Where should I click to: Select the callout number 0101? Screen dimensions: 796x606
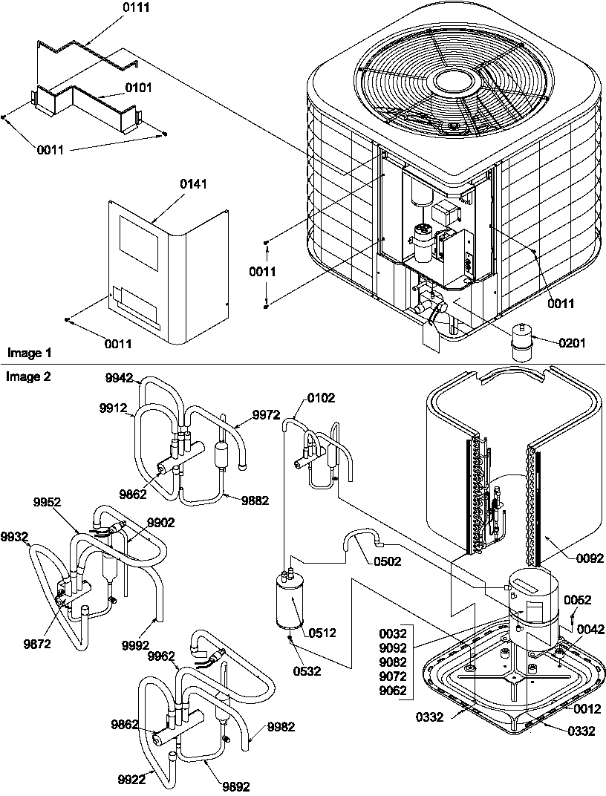pyautogui.click(x=138, y=87)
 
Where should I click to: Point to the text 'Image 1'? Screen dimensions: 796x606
pyautogui.click(x=27, y=351)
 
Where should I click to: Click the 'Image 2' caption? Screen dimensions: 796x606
pyautogui.click(x=28, y=376)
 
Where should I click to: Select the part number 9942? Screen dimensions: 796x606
pyautogui.click(x=119, y=378)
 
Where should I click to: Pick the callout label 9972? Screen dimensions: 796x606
pyautogui.click(x=267, y=414)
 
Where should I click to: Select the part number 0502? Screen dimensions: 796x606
pyautogui.click(x=387, y=561)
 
